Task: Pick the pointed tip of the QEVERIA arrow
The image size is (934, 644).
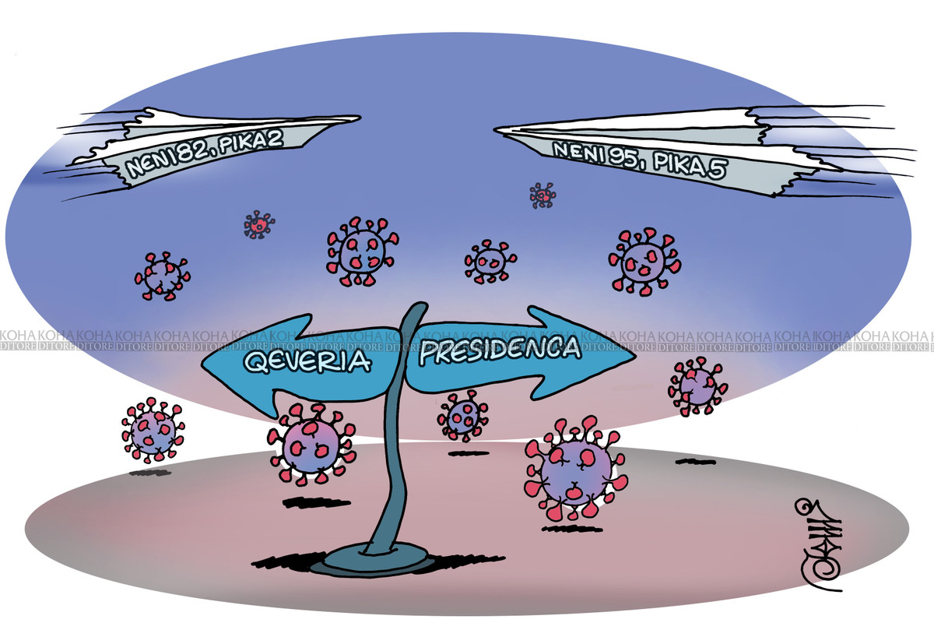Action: (205, 364)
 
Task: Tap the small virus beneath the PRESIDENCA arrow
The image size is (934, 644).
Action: (463, 416)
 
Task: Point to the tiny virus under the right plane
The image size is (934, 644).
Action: (542, 195)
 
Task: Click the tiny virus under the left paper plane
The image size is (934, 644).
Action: (258, 224)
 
